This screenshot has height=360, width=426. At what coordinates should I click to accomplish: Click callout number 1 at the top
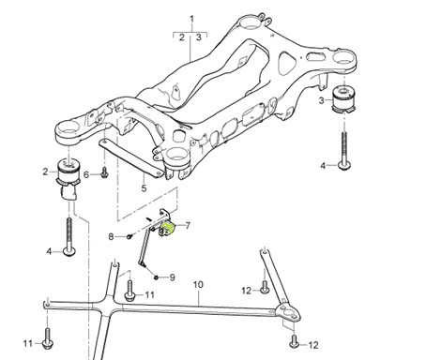(192, 19)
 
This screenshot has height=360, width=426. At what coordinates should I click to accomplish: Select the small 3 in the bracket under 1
(199, 37)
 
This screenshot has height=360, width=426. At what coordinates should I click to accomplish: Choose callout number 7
(187, 226)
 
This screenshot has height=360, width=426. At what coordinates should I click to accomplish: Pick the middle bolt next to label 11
(128, 296)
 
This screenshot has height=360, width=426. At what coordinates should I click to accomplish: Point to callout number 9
(170, 277)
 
